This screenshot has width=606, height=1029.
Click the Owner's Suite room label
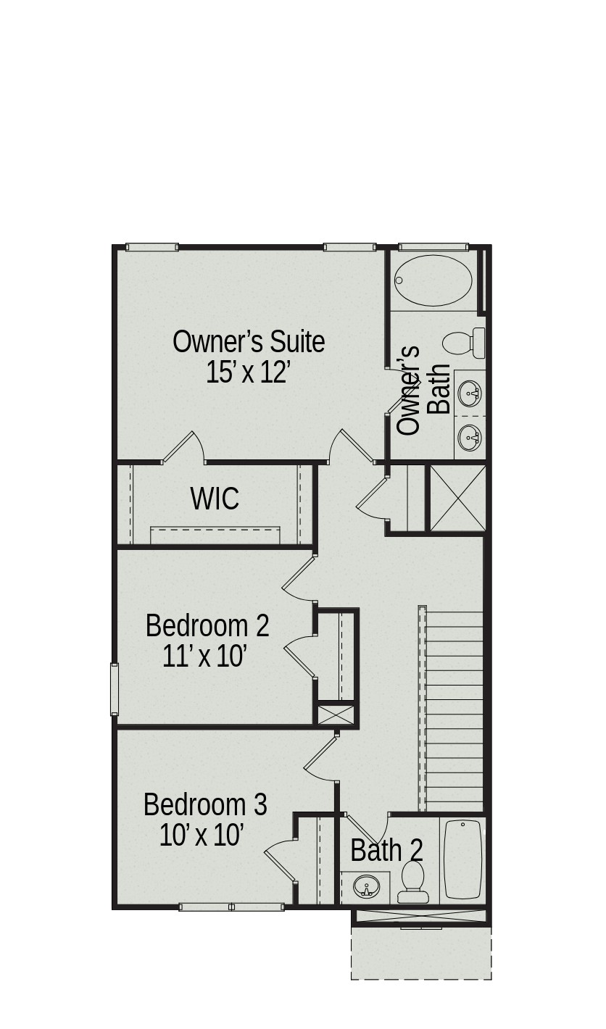click(249, 341)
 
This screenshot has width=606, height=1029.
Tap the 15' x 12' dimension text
click(249, 373)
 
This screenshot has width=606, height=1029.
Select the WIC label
click(215, 499)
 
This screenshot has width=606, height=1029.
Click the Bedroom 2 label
click(207, 625)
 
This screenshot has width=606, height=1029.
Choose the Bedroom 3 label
click(205, 805)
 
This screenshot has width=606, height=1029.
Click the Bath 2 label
click(386, 851)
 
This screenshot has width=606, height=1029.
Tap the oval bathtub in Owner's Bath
click(433, 280)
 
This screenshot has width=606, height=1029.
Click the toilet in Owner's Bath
click(463, 343)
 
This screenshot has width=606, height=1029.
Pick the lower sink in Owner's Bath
click(470, 437)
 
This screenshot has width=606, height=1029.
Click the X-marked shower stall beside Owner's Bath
click(457, 499)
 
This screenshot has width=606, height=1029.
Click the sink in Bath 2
click(367, 886)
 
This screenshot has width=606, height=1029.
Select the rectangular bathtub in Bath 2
click(462, 859)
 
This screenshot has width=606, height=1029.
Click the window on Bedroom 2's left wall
click(115, 689)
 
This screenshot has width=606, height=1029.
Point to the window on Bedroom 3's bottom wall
click(231, 907)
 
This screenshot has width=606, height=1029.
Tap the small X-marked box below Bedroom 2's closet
click(336, 715)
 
